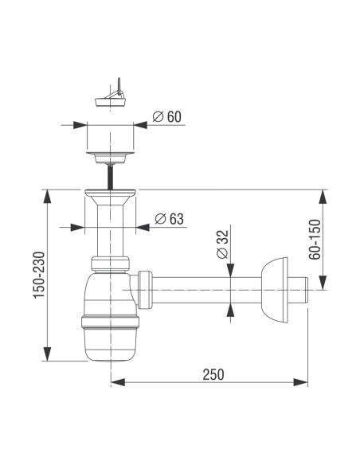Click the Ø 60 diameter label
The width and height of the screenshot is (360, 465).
point(166,116)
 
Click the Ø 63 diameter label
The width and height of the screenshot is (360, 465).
point(170,219)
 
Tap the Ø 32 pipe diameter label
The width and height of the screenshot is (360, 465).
point(223,244)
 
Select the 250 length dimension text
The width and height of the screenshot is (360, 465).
point(213,374)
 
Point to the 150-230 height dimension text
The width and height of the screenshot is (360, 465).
point(39,275)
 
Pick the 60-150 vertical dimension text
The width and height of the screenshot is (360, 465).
point(315,240)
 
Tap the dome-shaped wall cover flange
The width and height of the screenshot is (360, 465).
point(274,290)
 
